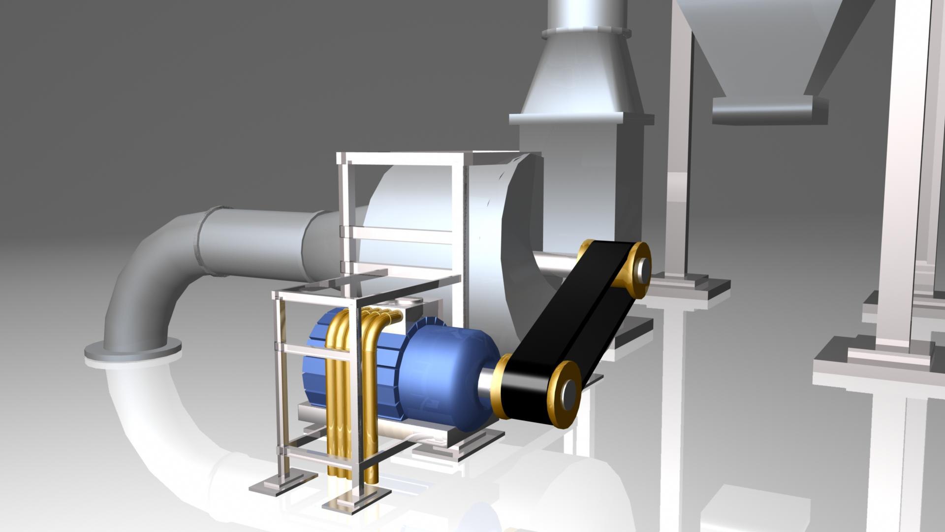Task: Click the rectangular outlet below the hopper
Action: [768, 109]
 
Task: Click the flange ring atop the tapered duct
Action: [586, 33]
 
